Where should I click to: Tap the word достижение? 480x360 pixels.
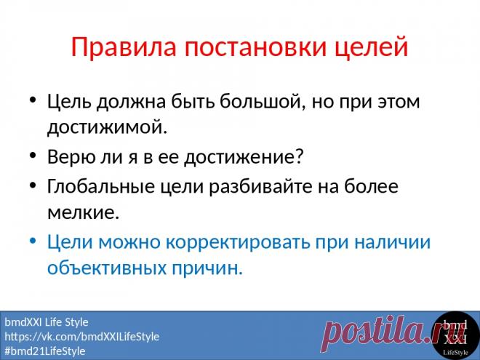coord(243,157)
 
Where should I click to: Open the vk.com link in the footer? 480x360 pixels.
coord(81,337)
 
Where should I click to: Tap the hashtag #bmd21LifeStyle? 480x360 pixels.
coord(45,351)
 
